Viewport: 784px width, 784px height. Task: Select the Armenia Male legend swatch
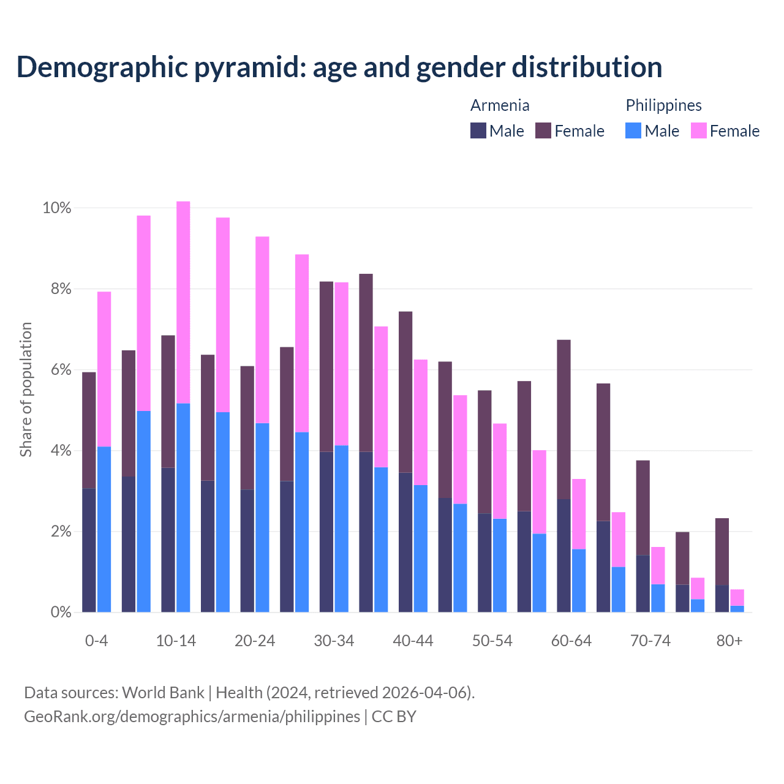[x=478, y=130]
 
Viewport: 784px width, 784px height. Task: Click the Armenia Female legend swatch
[x=543, y=130]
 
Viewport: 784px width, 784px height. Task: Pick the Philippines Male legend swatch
[x=633, y=130]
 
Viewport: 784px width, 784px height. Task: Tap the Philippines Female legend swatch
[x=699, y=130]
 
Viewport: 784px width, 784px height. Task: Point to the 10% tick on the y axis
[x=57, y=208]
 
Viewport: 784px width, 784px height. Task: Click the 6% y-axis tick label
[x=61, y=370]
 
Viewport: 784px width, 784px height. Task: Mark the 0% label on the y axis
[x=61, y=612]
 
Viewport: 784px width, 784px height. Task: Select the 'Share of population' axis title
[x=26, y=390]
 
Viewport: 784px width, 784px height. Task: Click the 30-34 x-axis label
[x=334, y=641]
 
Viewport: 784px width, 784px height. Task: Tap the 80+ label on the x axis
[x=729, y=641]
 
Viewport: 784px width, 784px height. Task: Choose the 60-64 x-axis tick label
[x=571, y=641]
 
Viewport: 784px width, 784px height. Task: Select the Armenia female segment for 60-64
[x=563, y=420]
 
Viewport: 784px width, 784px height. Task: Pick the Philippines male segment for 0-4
[x=104, y=529]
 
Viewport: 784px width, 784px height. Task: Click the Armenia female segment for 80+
[x=722, y=552]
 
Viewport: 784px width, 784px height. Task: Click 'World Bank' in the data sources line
[x=163, y=693]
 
